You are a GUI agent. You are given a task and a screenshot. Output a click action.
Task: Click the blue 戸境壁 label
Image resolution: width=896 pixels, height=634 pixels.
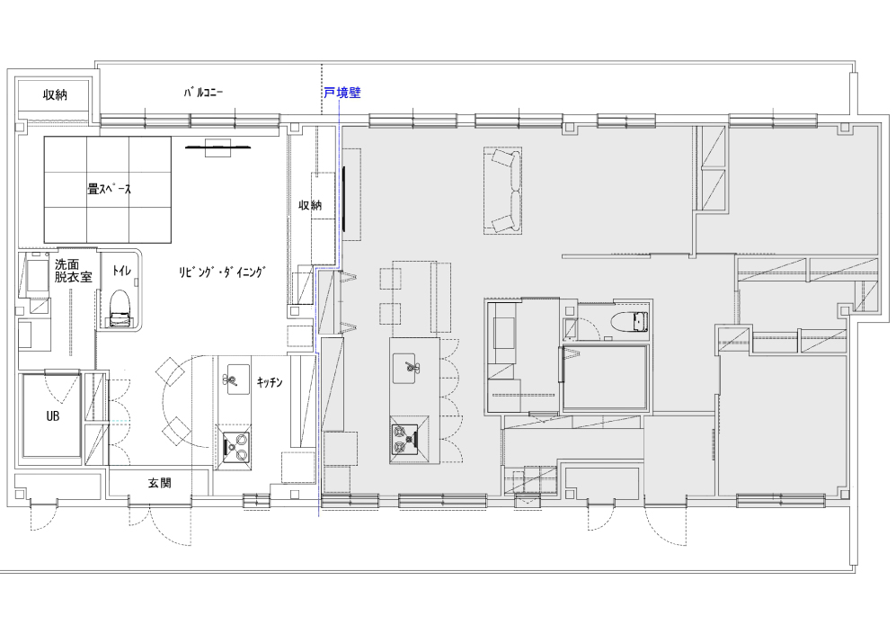[x=342, y=93]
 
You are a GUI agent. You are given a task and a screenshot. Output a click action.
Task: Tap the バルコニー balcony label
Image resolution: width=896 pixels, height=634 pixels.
[x=203, y=92]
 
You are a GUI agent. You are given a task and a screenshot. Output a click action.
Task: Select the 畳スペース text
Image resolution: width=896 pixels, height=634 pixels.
[x=109, y=189]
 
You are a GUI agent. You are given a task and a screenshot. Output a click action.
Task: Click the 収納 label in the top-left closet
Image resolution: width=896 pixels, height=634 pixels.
[x=55, y=95]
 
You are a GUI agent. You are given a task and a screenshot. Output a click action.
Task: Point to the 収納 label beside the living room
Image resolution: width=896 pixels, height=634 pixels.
[x=310, y=205]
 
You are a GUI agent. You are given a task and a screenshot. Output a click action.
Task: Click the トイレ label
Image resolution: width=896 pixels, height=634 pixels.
[x=120, y=271]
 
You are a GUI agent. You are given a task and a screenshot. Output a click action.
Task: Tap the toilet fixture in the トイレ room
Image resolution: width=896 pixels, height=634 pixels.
[x=120, y=308]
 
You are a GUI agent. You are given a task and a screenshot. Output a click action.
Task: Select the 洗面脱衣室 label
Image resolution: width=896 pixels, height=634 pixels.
[x=73, y=271]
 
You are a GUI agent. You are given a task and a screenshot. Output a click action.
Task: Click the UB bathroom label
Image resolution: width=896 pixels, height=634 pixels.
[x=52, y=416]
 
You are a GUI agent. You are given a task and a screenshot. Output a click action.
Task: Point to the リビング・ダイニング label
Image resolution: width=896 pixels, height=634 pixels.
[x=222, y=272]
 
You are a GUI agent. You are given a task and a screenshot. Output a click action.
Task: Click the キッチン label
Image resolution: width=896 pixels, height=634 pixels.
[x=269, y=382]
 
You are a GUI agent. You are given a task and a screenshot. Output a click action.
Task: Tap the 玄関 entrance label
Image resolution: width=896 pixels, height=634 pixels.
[x=159, y=483]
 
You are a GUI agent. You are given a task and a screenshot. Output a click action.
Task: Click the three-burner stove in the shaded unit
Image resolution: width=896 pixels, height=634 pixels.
[x=409, y=439]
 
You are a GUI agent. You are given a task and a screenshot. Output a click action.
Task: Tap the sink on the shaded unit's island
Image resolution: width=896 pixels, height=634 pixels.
[x=404, y=369]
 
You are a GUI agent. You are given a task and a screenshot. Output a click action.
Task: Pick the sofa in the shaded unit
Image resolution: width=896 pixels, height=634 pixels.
[x=503, y=191]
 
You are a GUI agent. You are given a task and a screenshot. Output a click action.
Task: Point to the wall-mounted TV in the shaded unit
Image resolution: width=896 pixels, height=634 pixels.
[x=344, y=199]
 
